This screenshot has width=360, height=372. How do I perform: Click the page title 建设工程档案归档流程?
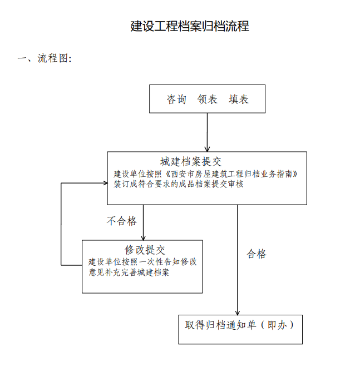click(x=190, y=26)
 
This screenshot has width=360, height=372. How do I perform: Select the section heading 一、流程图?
click(x=45, y=58)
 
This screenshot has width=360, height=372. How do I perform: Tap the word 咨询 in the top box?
click(x=176, y=99)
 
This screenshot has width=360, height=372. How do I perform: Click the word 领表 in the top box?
click(x=207, y=99)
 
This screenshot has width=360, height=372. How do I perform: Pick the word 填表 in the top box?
click(x=238, y=99)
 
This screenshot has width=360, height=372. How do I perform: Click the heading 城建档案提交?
click(x=191, y=162)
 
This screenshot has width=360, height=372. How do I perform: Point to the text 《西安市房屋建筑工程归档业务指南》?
click(x=230, y=174)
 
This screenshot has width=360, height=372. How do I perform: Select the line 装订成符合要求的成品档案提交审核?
click(x=179, y=184)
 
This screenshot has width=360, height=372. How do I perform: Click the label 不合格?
click(x=122, y=221)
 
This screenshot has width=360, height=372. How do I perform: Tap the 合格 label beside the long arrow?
click(x=257, y=254)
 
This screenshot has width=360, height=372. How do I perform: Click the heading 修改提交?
click(x=145, y=250)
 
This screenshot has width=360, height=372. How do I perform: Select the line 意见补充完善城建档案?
click(x=129, y=272)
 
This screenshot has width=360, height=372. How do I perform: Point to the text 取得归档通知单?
click(x=220, y=325)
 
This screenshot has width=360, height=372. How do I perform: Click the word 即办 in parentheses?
click(x=277, y=325)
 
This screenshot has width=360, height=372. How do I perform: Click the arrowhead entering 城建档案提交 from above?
click(x=207, y=149)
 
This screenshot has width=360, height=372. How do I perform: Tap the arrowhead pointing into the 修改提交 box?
click(x=143, y=237)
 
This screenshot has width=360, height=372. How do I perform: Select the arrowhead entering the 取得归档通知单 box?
click(x=238, y=313)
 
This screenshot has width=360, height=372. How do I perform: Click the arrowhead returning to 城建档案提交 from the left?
click(x=105, y=183)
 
